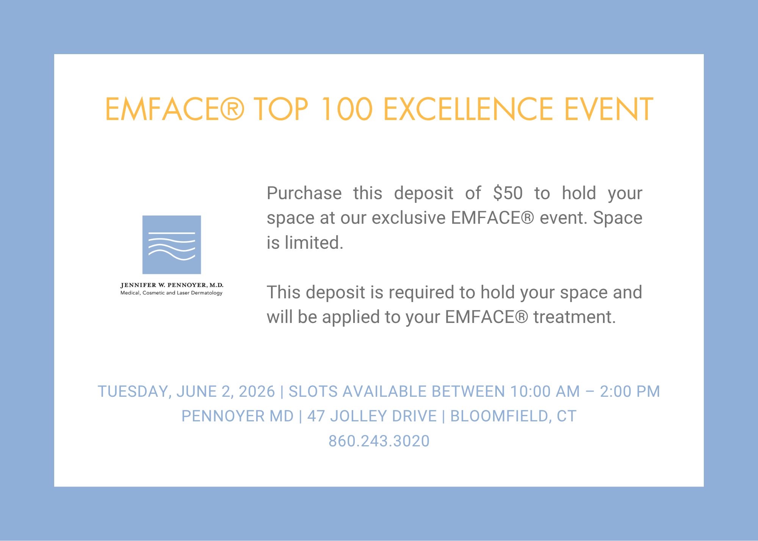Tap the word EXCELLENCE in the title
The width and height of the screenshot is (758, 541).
[468, 109]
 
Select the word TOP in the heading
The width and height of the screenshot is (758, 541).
[281, 109]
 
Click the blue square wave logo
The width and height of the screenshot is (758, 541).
[172, 245]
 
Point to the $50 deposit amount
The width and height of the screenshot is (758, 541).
[508, 193]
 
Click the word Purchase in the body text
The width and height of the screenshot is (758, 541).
[304, 193]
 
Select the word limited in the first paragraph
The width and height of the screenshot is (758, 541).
[314, 243]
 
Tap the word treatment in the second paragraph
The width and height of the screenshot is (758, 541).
[575, 317]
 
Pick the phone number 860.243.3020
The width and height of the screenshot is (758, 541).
[379, 441]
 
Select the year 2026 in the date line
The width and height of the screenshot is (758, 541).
[257, 391]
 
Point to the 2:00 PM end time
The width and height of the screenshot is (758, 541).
[630, 391]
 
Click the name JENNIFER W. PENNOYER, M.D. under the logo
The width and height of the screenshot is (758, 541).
[172, 285]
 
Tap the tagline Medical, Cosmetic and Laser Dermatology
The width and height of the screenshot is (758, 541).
[172, 293]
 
